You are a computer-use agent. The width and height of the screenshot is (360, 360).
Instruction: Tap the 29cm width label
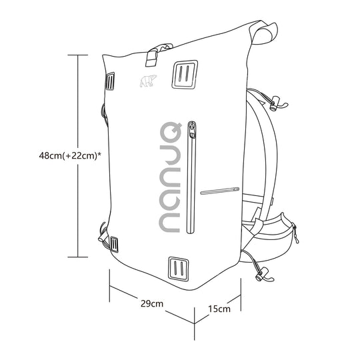click(x=153, y=305)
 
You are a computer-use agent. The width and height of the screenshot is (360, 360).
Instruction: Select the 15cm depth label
click(x=219, y=309)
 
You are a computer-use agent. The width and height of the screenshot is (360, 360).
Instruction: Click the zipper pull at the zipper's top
click(x=192, y=129)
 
